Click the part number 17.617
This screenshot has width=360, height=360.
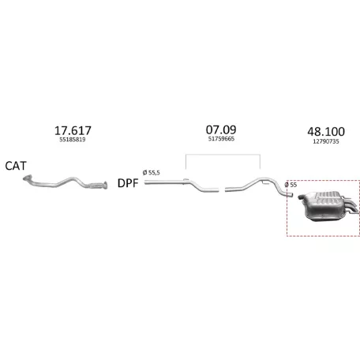(x=73, y=130)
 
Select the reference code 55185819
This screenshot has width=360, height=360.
(x=73, y=140)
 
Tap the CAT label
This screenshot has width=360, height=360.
(x=16, y=166)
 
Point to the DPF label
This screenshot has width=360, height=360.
(x=128, y=183)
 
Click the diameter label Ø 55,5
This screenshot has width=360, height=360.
(x=152, y=173)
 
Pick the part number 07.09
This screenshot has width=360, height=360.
(x=221, y=129)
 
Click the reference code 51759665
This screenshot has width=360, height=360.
(x=221, y=139)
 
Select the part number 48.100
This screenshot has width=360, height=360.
(x=326, y=132)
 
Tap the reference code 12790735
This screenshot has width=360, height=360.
(x=326, y=141)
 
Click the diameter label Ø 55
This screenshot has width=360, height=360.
(x=291, y=185)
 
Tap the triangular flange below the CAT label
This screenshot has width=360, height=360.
(x=27, y=178)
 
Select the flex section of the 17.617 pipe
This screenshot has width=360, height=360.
(x=96, y=186)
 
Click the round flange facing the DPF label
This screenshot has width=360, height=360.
(x=105, y=186)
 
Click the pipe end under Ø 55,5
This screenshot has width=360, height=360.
(x=145, y=182)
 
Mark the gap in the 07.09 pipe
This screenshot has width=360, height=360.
(x=222, y=189)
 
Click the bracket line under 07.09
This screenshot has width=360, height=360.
(x=223, y=155)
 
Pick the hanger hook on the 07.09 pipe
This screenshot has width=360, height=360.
(x=265, y=182)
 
